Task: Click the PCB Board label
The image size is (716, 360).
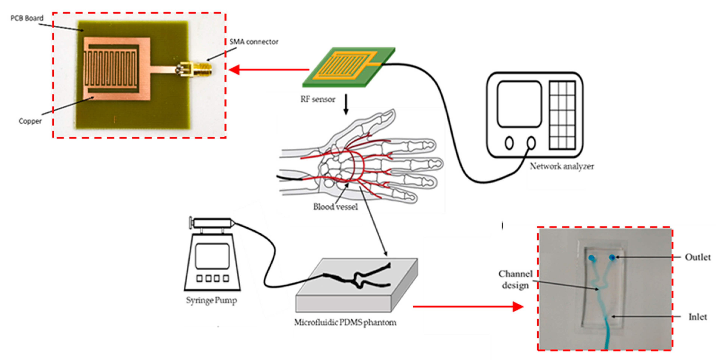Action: (x=27, y=18)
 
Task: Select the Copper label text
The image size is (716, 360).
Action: (x=30, y=121)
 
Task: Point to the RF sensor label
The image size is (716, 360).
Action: (x=318, y=99)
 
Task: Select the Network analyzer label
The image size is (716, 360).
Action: (x=562, y=166)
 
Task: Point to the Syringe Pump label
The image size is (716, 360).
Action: (x=211, y=300)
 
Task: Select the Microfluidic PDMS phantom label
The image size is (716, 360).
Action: (x=345, y=322)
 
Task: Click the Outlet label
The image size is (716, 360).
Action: (x=697, y=257)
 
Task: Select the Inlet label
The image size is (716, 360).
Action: (x=697, y=317)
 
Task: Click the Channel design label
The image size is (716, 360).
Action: (x=515, y=280)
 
